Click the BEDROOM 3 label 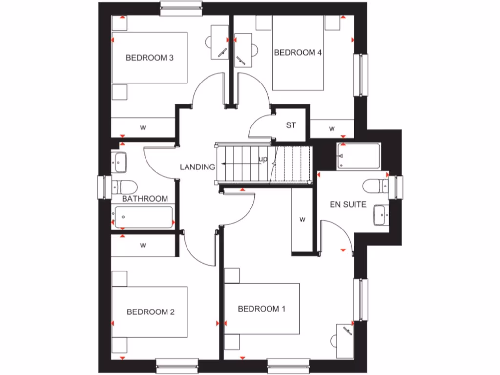[150, 58]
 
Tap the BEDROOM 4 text [298, 53]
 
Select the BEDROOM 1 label [261, 309]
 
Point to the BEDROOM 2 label [150, 312]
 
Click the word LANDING [197, 167]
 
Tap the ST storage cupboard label [291, 125]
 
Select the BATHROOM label [145, 199]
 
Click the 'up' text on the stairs [263, 160]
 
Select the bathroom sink [120, 162]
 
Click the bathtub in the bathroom [143, 217]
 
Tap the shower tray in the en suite [358, 156]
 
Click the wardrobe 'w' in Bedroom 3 [143, 128]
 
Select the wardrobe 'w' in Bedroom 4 [332, 129]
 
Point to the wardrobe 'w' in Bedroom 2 [143, 245]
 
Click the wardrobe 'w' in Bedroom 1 [302, 220]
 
